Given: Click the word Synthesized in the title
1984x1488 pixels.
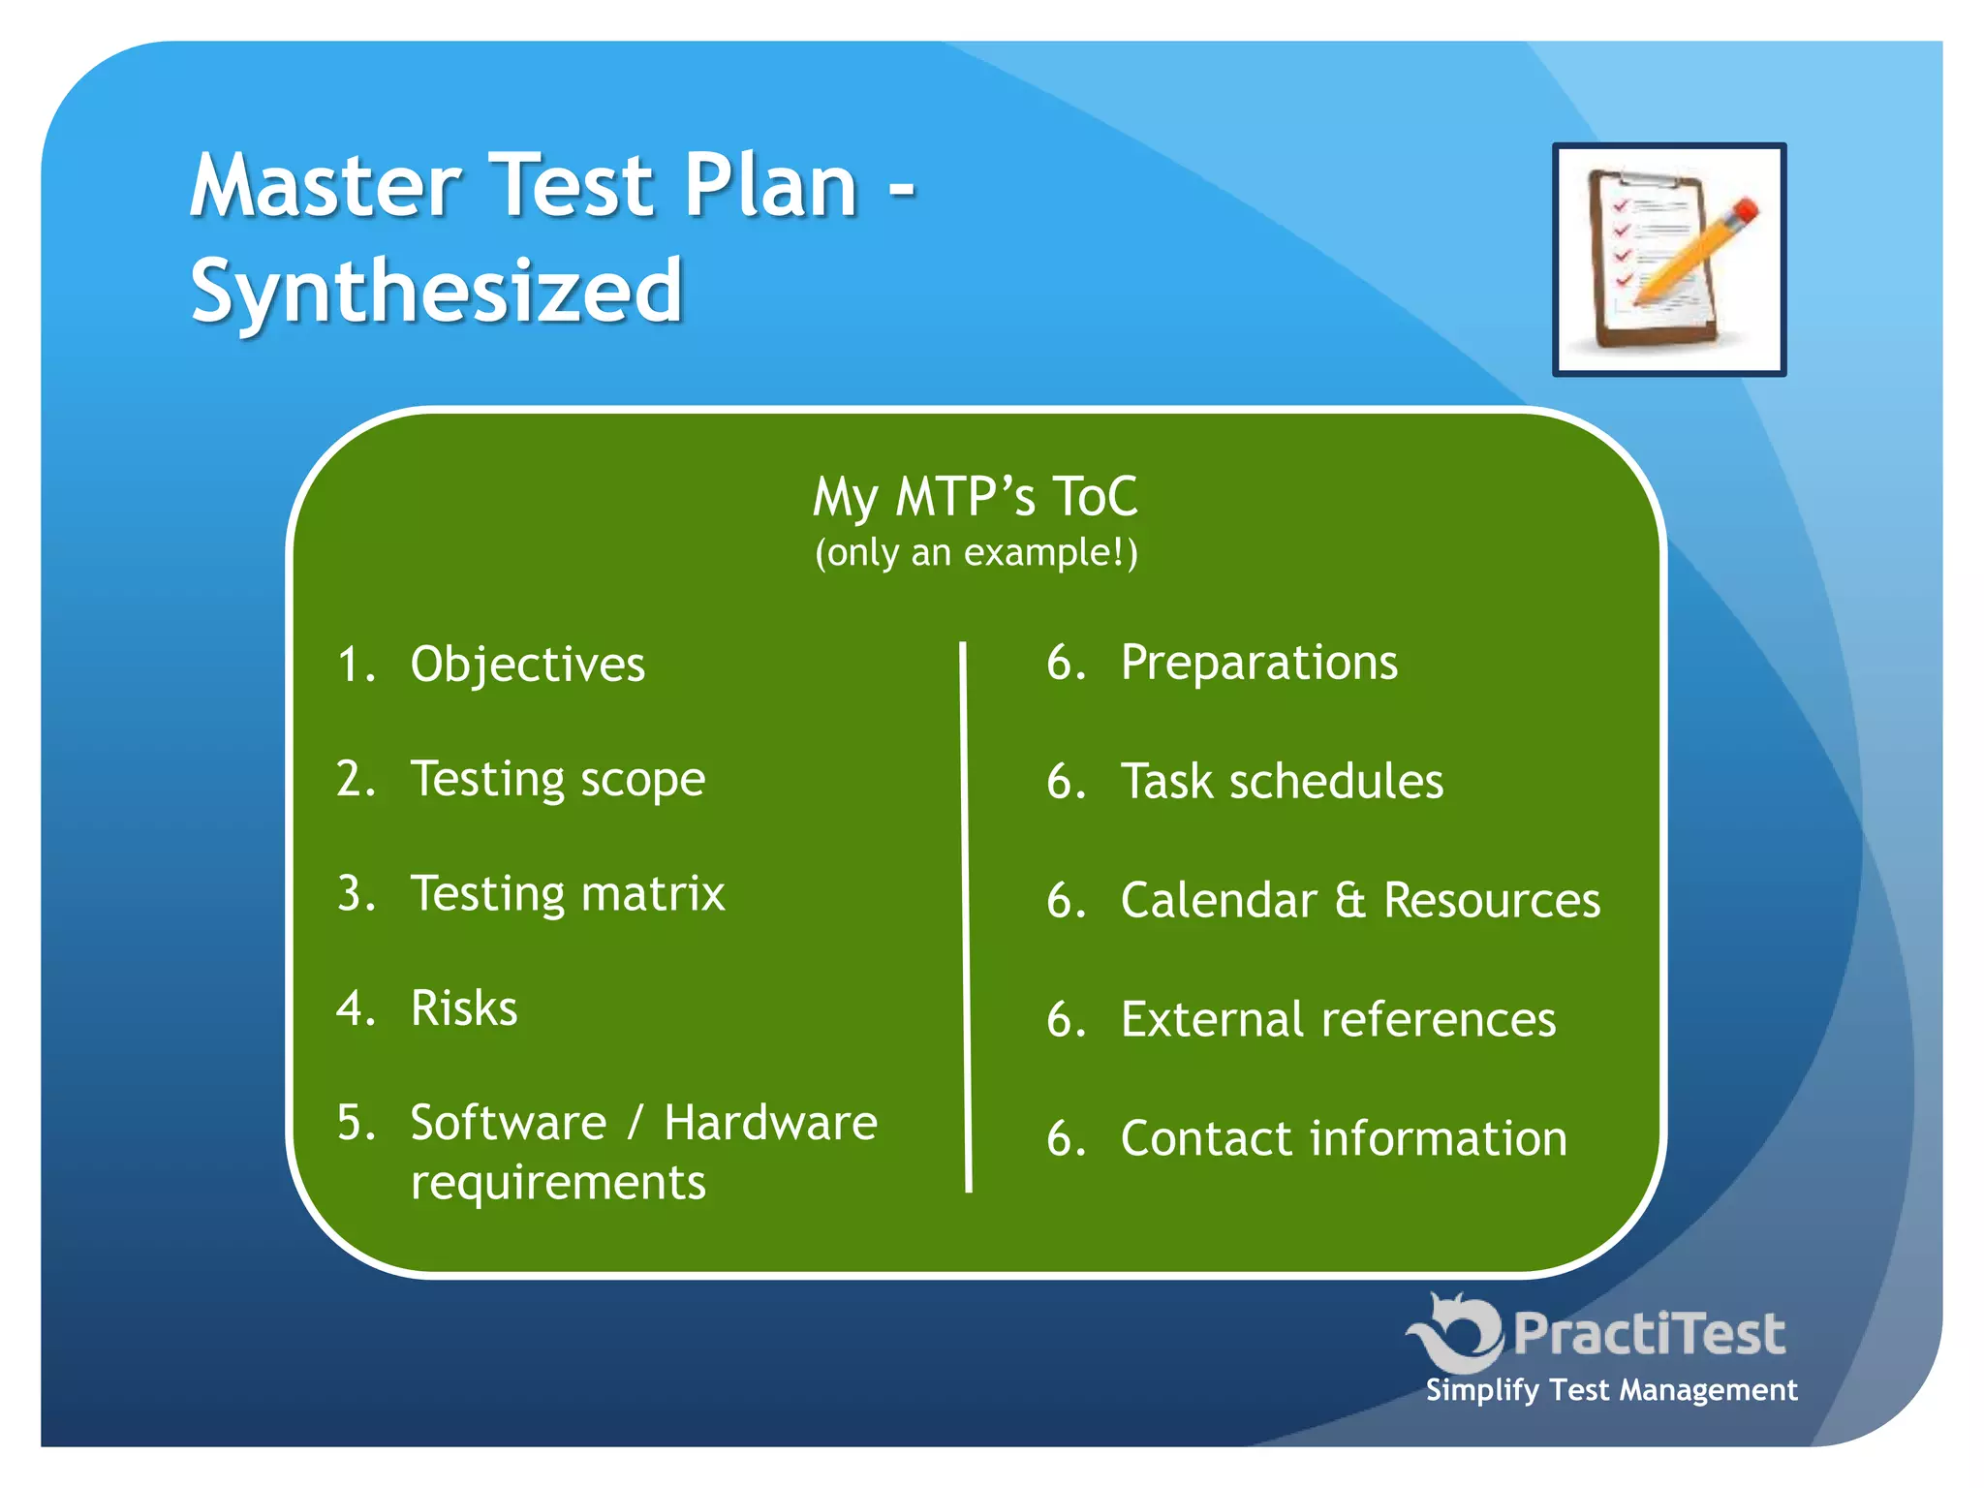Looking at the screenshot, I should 437,291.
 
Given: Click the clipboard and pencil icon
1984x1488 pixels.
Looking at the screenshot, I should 1668,260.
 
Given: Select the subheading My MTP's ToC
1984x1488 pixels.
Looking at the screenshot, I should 975,496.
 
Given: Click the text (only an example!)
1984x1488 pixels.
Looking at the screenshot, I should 976,553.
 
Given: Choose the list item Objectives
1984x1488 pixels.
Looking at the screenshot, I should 528,665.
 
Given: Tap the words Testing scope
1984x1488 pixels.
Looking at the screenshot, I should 558,779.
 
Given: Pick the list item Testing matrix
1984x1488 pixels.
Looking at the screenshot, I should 568,893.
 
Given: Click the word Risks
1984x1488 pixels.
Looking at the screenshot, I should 464,1008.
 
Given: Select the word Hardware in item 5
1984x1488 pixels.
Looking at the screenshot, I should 770,1123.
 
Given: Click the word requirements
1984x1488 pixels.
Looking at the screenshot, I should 558,1183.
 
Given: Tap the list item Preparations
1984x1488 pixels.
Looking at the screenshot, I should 1258,663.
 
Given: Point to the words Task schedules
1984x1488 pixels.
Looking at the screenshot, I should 1282,782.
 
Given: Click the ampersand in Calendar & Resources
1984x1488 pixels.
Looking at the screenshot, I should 1349,900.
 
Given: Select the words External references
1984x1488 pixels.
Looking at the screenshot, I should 1338,1019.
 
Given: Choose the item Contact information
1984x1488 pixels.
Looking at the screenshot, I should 1344,1138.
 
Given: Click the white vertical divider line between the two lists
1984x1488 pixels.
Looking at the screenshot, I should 966,915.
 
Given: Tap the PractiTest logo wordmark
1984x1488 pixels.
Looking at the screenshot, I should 1648,1334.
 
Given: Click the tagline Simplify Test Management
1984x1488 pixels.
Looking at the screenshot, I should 1611,1390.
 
